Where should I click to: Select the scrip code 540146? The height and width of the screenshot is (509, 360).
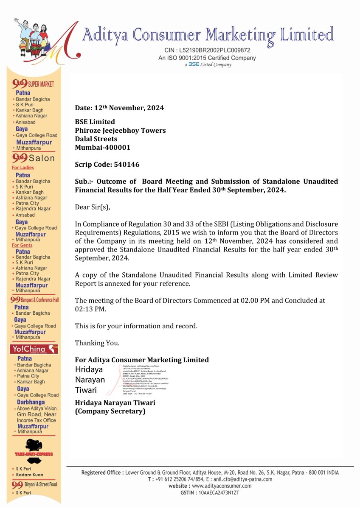(123, 164)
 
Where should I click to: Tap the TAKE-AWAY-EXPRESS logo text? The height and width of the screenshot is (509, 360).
(34, 454)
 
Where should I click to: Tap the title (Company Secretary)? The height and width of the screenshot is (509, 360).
(110, 411)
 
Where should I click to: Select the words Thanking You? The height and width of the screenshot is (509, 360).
(97, 343)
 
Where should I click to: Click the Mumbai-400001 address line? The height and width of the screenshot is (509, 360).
(103, 147)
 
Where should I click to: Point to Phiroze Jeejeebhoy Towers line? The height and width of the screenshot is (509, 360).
(120, 130)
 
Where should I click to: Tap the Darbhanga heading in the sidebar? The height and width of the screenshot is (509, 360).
(31, 402)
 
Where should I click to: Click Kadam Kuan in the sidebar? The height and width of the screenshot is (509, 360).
(30, 475)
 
